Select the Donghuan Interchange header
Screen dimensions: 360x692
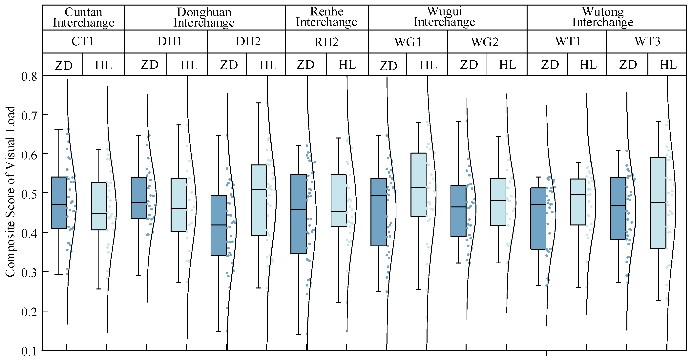click(204, 17)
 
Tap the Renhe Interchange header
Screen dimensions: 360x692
click(326, 17)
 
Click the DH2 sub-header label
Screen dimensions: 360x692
click(248, 41)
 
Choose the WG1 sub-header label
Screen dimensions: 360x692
click(408, 42)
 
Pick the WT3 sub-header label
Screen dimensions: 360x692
click(647, 41)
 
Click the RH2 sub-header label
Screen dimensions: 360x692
click(326, 42)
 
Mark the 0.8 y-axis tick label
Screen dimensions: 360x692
click(29, 77)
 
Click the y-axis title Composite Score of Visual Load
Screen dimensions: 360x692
click(10, 191)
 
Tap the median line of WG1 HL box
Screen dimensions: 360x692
click(419, 188)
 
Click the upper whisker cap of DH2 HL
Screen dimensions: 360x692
click(259, 103)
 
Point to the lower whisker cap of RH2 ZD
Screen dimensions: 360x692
click(298, 334)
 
